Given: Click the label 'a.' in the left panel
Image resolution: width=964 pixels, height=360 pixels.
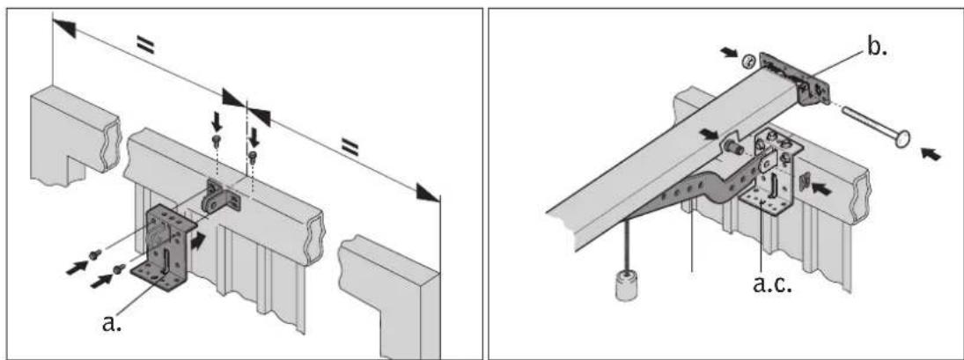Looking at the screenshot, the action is (x=111, y=322).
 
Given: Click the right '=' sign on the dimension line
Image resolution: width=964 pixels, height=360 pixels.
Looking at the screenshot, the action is (x=350, y=146).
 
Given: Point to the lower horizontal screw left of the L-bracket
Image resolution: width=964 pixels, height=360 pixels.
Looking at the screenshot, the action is (x=119, y=268).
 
